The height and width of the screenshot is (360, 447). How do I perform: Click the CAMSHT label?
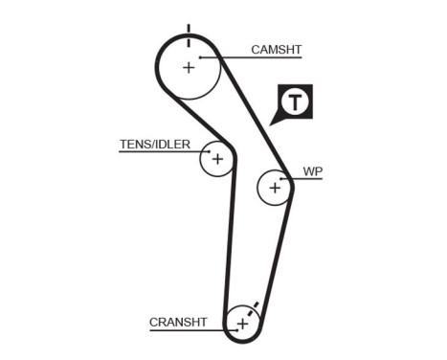pyautogui.click(x=279, y=49)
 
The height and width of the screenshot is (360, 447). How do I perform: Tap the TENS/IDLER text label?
pyautogui.click(x=154, y=146)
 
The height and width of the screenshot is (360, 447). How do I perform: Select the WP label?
pyautogui.click(x=312, y=172)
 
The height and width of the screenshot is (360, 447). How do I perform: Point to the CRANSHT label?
pyautogui.click(x=179, y=322)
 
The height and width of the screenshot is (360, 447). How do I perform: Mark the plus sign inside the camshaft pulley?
pyautogui.click(x=189, y=68)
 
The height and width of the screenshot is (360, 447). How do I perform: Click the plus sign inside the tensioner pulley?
pyautogui.click(x=217, y=158)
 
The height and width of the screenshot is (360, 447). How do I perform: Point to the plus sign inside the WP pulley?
pyautogui.click(x=276, y=188)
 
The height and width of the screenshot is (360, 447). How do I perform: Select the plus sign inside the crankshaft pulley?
pyautogui.click(x=242, y=325)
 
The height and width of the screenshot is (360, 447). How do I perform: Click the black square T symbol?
pyautogui.click(x=297, y=101)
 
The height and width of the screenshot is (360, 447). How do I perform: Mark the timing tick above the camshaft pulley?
pyautogui.click(x=190, y=32)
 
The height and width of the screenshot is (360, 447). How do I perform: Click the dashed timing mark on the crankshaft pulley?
pyautogui.click(x=254, y=309)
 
